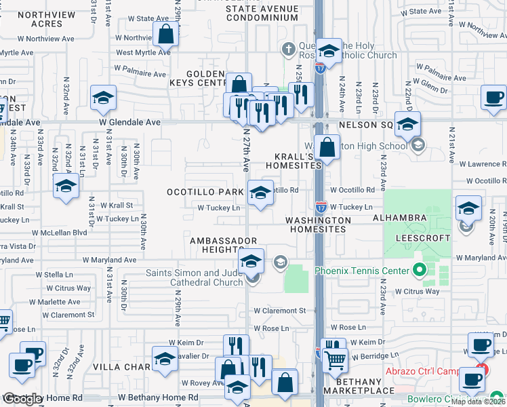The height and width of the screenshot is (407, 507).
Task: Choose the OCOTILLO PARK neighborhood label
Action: point(205,192)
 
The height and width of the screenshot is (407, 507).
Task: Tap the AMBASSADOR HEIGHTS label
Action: point(223,245)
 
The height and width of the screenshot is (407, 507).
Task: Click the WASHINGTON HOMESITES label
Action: point(318,225)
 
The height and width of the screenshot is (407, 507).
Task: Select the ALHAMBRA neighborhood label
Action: point(399,218)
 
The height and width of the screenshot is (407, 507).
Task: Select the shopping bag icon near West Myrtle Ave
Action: point(165,34)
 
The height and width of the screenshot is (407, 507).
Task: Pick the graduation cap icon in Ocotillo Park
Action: point(260,194)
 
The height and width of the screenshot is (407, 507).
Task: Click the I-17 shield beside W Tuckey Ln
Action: point(321,204)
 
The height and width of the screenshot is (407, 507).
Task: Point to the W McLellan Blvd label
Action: point(62,232)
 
